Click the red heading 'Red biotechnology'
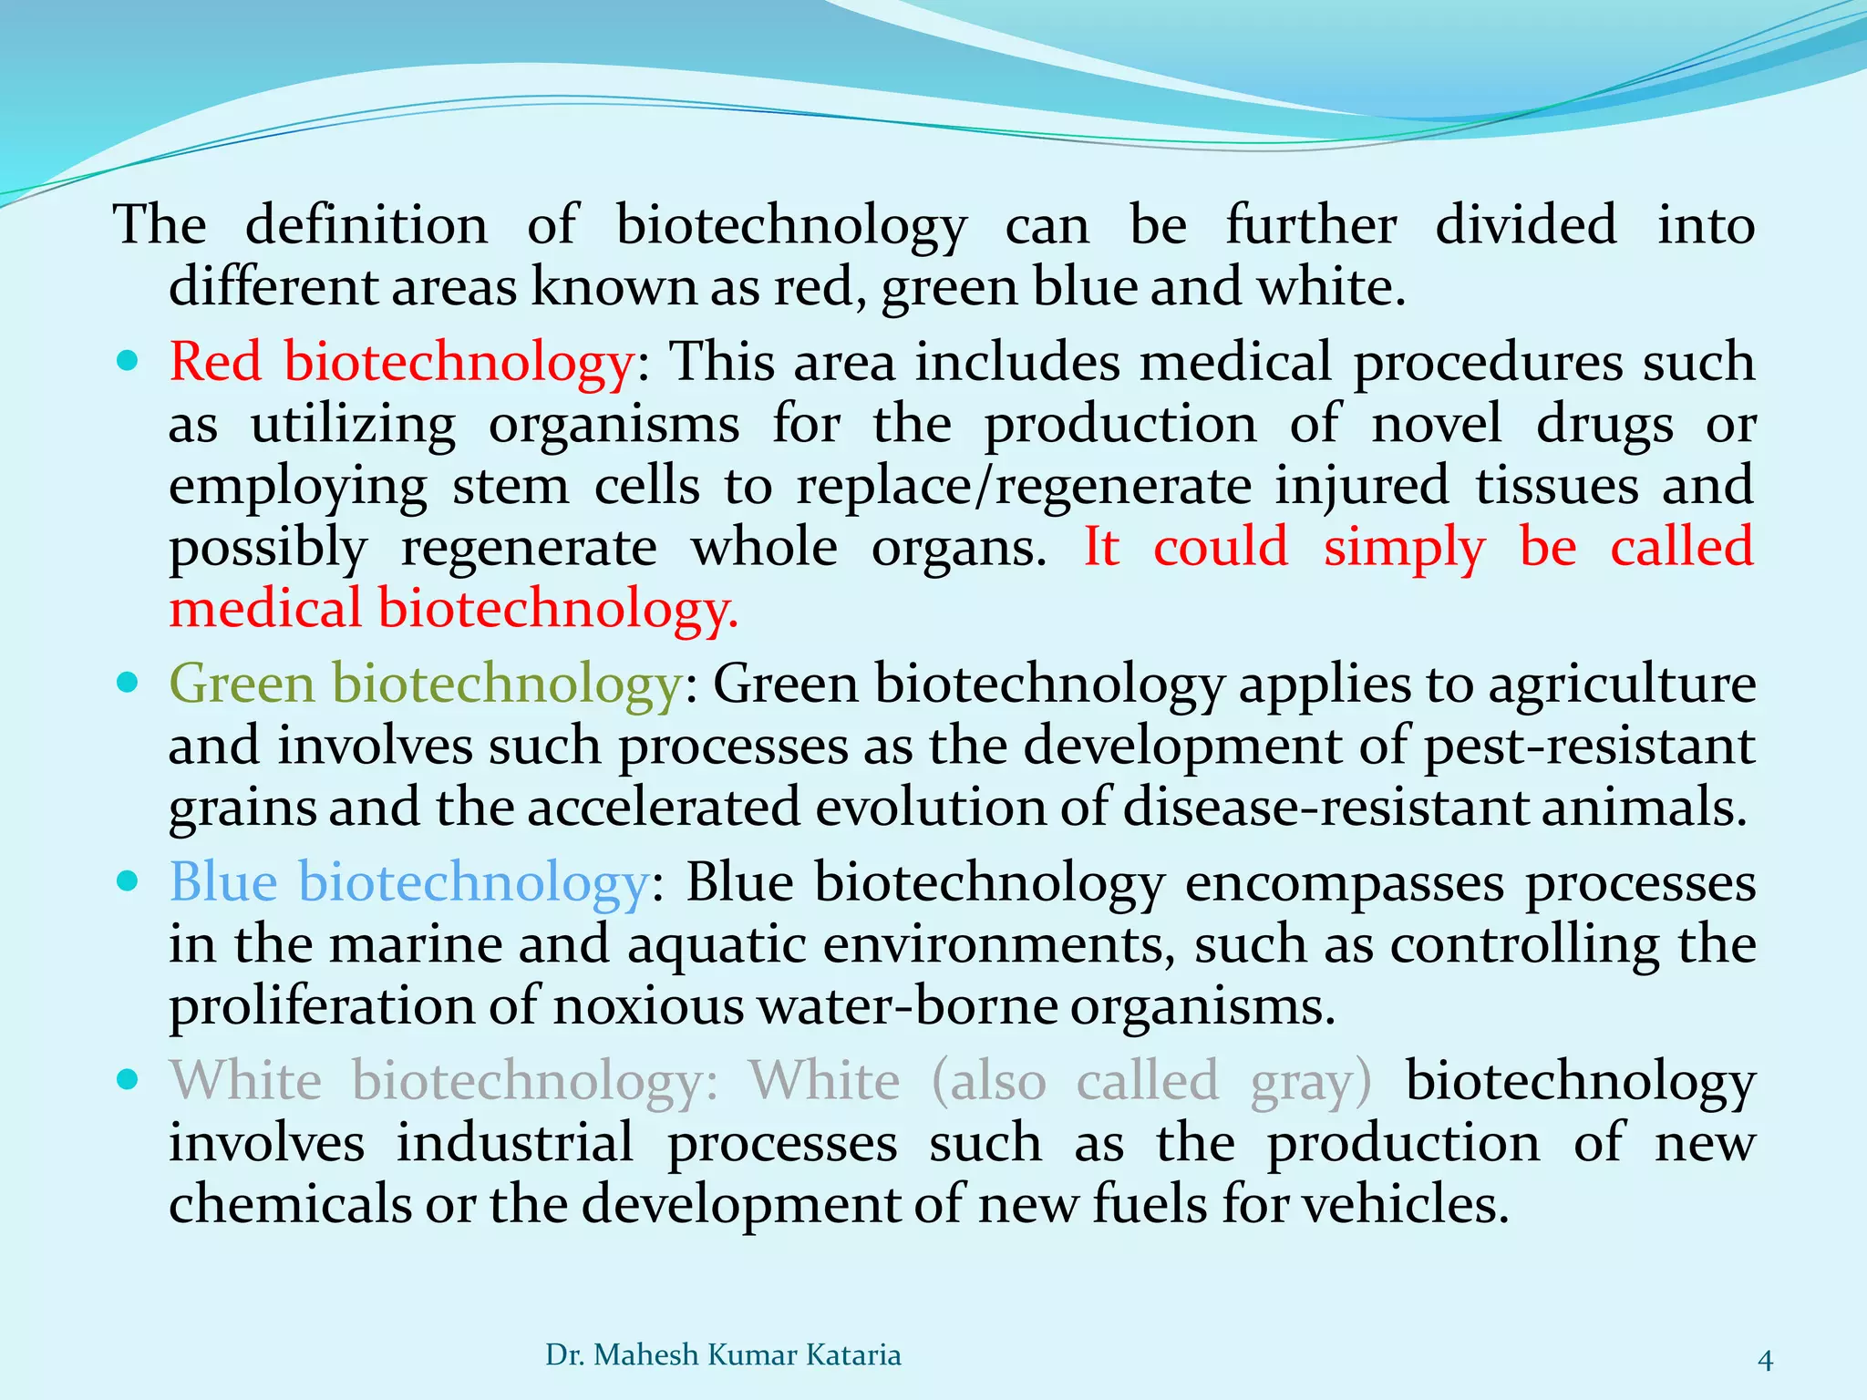point(401,362)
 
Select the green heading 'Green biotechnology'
point(425,684)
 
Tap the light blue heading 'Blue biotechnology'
point(408,882)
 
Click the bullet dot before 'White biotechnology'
point(129,1081)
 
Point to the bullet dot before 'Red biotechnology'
point(129,362)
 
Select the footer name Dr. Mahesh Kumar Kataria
point(723,1355)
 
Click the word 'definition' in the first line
point(366,225)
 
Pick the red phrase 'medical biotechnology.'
point(453,609)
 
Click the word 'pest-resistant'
point(1589,746)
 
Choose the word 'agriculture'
point(1622,684)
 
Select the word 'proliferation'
point(322,1006)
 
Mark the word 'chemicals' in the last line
point(288,1205)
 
